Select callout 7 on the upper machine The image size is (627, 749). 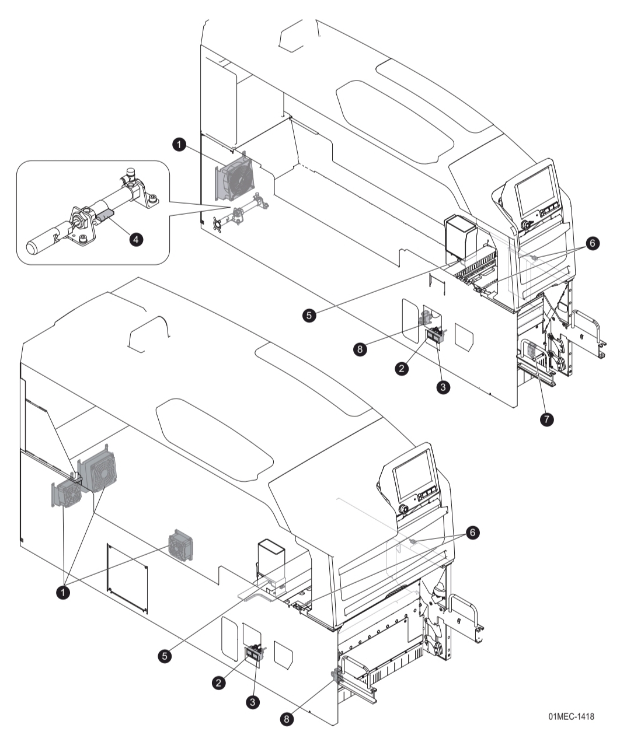pos(546,419)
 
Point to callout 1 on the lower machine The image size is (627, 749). pos(63,592)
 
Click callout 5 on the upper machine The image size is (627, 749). pos(311,314)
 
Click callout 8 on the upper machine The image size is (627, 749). pos(361,349)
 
